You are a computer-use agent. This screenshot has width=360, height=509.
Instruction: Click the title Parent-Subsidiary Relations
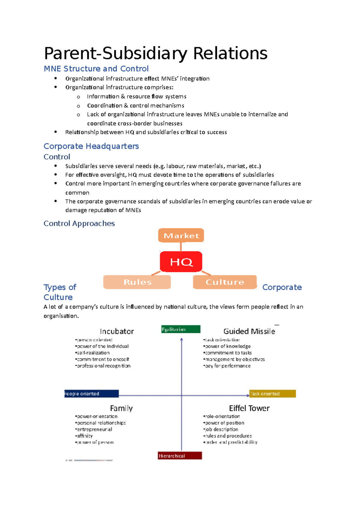[155, 53]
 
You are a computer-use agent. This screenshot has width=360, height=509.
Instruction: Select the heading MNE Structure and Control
[96, 69]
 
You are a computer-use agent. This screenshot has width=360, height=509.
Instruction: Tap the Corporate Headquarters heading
[91, 146]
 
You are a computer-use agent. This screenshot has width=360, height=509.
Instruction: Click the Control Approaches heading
[79, 223]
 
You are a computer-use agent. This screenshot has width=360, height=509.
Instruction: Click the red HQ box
[181, 262]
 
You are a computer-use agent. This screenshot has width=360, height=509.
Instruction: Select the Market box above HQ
[181, 236]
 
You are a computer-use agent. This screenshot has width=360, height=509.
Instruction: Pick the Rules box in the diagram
[137, 282]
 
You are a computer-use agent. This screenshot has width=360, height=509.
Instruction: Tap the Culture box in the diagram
[225, 282]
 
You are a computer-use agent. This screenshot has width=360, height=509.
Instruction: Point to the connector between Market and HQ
[181, 247]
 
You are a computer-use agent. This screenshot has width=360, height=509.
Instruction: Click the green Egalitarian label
[181, 329]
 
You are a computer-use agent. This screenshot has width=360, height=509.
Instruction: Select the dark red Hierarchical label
[180, 456]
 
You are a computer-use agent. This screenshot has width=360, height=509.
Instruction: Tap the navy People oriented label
[91, 394]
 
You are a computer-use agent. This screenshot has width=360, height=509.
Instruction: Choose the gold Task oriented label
[272, 394]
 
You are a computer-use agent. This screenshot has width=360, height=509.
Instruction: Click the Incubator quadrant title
[117, 331]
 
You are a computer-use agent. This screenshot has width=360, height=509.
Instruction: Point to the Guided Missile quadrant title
[249, 331]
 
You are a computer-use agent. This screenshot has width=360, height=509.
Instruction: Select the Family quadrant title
[121, 408]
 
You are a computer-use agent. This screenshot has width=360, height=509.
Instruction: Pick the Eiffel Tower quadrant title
[249, 408]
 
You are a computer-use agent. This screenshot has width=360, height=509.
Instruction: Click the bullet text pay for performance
[228, 366]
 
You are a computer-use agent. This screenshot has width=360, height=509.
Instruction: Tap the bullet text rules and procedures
[228, 436]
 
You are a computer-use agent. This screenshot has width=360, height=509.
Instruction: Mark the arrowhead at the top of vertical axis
[181, 340]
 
